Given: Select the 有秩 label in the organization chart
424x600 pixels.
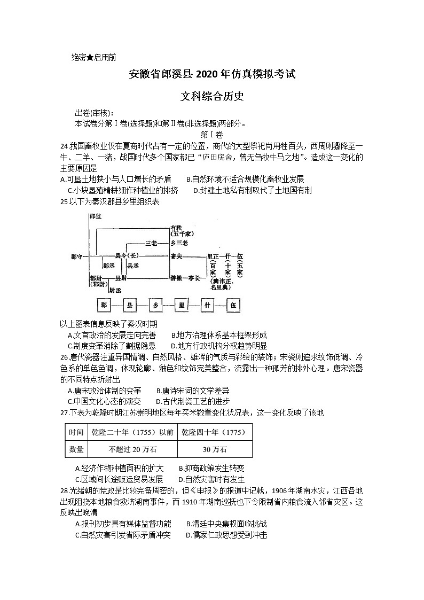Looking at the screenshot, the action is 177,228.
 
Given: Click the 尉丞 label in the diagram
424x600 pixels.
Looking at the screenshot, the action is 115,290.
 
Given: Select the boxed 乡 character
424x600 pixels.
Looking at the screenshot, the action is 156,306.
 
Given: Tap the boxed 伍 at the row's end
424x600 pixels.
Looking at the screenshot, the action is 233,306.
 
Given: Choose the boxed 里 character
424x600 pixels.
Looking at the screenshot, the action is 182,306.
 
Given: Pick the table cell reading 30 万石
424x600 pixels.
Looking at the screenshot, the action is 214,449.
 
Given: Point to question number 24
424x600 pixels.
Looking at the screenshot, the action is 64,146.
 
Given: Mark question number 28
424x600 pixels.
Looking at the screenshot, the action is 65,490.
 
